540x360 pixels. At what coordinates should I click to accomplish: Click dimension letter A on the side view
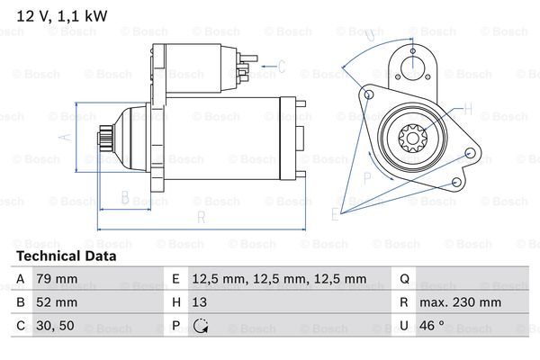[x=64, y=137]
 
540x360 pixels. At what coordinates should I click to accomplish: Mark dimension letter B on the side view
[x=125, y=197]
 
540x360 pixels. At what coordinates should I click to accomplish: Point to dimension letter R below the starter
[x=202, y=217]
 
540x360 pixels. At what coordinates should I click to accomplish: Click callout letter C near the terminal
[x=282, y=66]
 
